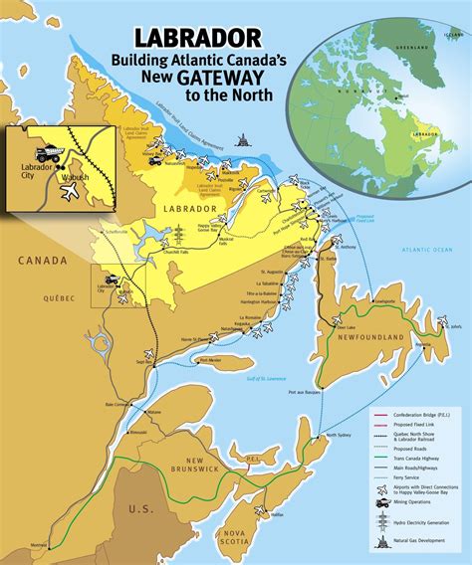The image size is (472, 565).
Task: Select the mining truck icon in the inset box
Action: (x=46, y=155)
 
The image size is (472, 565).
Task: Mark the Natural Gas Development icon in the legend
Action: (x=382, y=543)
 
